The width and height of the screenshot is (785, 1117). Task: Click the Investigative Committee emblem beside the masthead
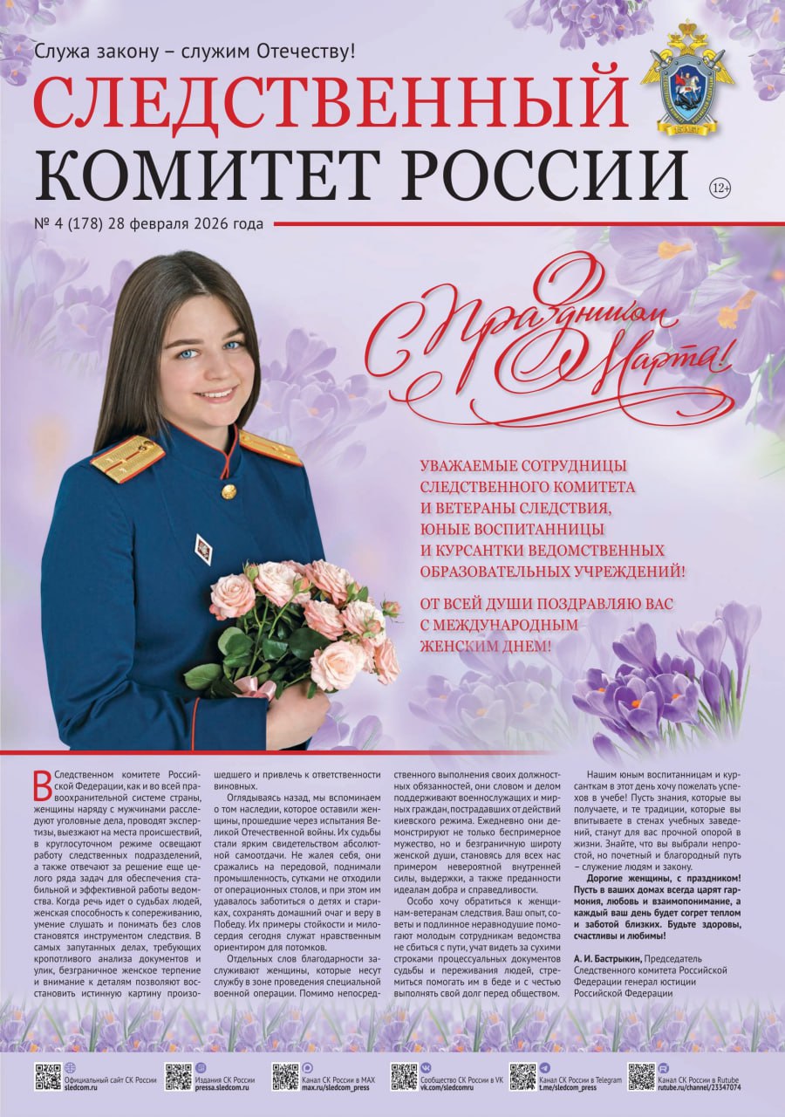coord(688,78)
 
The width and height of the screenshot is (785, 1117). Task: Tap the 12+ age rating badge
coord(720,188)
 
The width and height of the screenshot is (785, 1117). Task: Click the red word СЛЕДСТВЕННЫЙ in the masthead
coord(331,100)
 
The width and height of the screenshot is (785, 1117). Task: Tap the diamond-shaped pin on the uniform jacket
coord(202,549)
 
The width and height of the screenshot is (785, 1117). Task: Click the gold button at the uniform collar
coord(229,492)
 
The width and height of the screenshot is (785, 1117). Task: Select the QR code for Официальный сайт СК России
coord(47,1077)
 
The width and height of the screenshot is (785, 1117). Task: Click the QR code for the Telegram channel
coord(522,1077)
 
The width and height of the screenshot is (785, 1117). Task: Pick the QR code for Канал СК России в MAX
coord(285,1077)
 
